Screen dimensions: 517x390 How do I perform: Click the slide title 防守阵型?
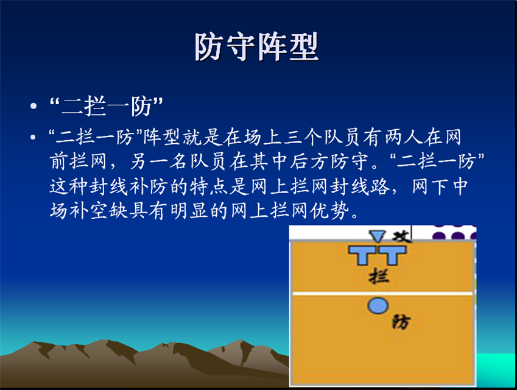pos(256,46)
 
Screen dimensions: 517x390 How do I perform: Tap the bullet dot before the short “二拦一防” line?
pos(33,106)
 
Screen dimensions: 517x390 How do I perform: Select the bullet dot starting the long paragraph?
pos(33,136)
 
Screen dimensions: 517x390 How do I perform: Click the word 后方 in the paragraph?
pos(309,161)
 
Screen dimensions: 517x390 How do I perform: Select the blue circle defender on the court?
pos(378,305)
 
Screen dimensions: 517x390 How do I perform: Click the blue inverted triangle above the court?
pos(377,236)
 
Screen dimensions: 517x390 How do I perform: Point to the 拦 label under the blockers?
pos(379,276)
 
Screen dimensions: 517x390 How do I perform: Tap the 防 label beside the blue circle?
pos(401,322)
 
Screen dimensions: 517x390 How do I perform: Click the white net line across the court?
pos(383,293)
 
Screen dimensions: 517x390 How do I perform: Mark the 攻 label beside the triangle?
pos(401,236)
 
